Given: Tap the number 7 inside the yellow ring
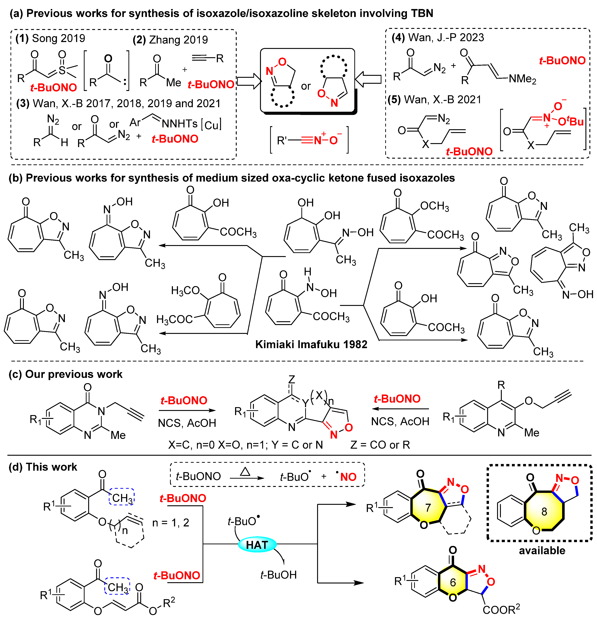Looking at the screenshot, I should [x=428, y=507].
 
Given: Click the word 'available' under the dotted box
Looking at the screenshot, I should [x=542, y=550].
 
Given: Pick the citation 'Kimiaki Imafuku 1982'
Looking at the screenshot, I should [x=311, y=344].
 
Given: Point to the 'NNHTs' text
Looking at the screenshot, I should [x=180, y=124].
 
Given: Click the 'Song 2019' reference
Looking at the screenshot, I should [x=58, y=38].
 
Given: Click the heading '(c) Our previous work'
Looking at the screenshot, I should [x=65, y=374].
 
